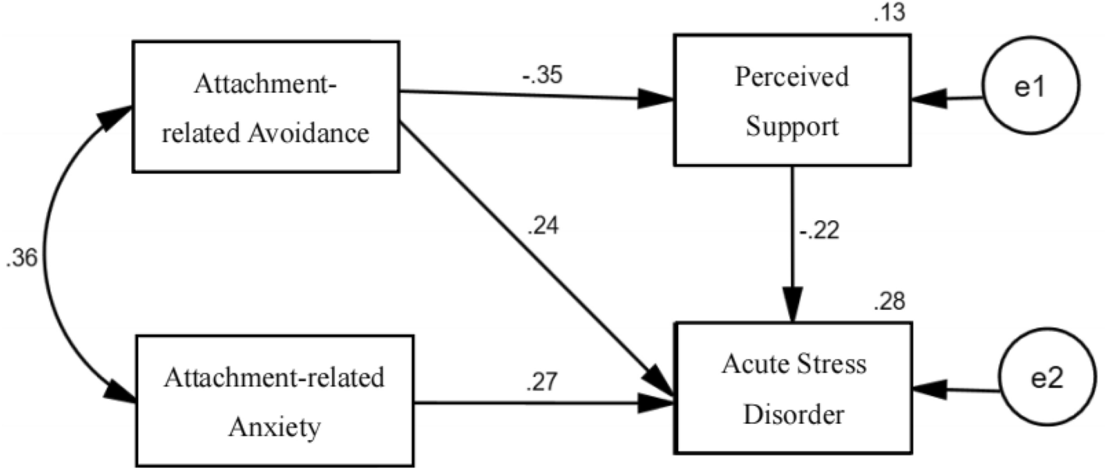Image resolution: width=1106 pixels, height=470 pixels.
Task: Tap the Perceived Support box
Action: click(x=792, y=99)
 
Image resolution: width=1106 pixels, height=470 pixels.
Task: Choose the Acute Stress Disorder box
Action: click(x=793, y=387)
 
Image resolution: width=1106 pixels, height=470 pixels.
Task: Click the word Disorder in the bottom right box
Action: click(x=793, y=414)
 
